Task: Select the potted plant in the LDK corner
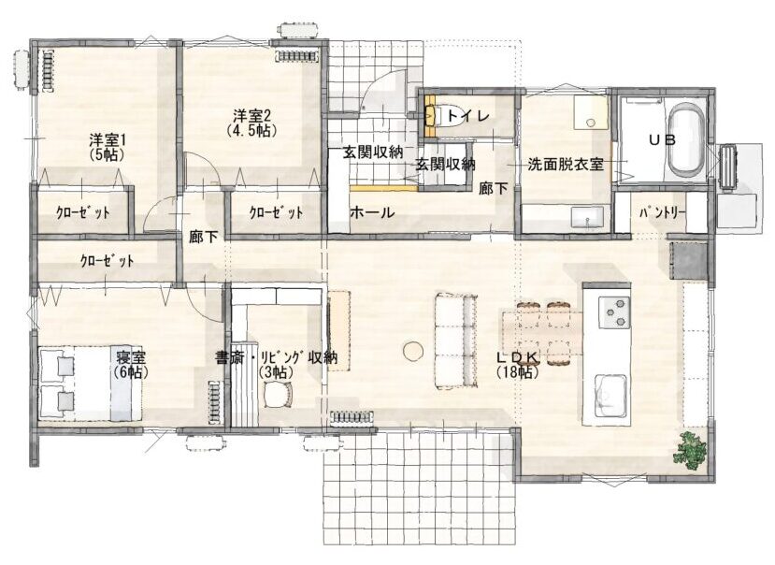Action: tap(692, 449)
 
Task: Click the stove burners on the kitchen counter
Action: tap(614, 312)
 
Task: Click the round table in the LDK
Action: tap(412, 351)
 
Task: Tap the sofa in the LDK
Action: tap(455, 340)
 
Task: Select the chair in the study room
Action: tap(278, 395)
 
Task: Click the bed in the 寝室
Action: tap(91, 383)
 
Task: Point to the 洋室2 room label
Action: tap(251, 123)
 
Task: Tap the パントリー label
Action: tap(662, 213)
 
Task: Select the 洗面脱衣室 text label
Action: tap(566, 165)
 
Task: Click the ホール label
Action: tap(372, 212)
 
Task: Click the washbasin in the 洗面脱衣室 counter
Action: tap(587, 217)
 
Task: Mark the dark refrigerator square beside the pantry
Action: tap(688, 260)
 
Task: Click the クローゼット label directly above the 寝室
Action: tap(107, 261)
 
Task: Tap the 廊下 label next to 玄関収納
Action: tap(494, 188)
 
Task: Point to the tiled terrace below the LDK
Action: tap(419, 487)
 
